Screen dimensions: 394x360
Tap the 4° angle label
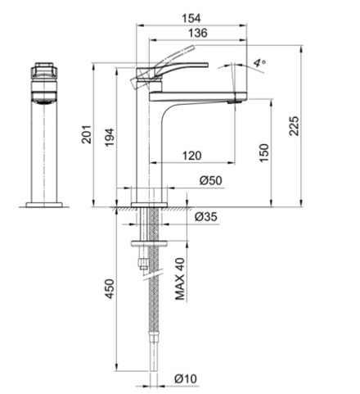point(259,62)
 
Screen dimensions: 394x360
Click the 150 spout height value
point(263,152)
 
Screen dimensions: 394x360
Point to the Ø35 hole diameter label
point(206,216)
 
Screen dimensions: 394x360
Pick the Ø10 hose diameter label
point(187,378)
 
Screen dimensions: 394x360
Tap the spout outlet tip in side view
point(235,102)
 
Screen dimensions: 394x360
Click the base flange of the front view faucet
point(45,202)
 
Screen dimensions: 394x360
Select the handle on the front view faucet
point(45,69)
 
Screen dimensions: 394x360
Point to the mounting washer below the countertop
point(148,242)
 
